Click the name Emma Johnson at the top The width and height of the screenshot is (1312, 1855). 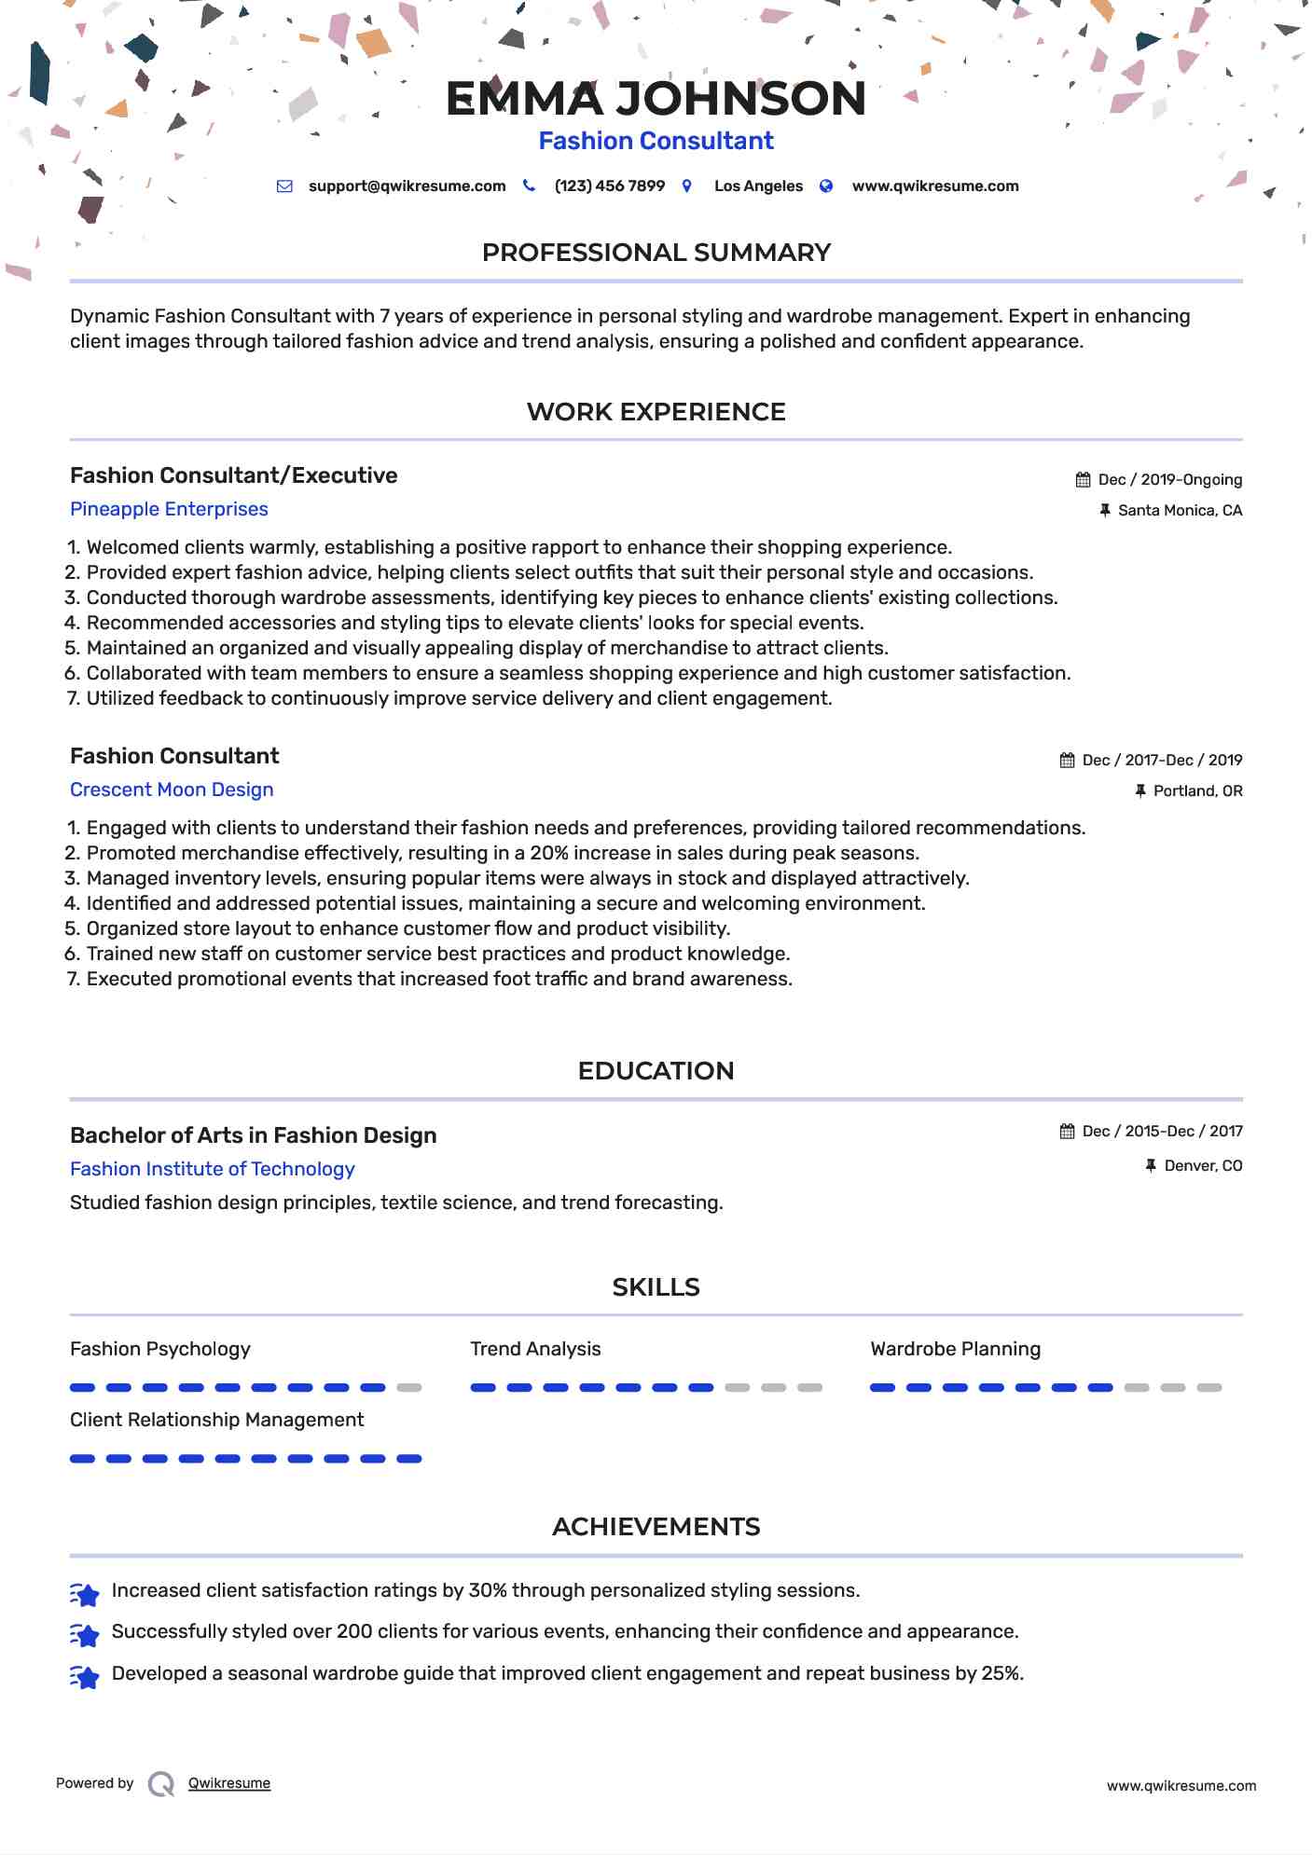[x=656, y=99]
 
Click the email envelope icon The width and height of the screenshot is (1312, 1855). [x=284, y=186]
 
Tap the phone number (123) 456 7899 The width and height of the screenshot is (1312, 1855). [x=609, y=186]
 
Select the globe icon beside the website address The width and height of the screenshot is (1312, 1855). [x=825, y=186]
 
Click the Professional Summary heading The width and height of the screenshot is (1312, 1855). [x=656, y=253]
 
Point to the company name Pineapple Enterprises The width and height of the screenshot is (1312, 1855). [x=169, y=509]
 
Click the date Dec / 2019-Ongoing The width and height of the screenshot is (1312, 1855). [x=1169, y=480]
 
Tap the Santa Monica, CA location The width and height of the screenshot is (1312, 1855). [x=1180, y=511]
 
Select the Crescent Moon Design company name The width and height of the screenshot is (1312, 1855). [x=172, y=790]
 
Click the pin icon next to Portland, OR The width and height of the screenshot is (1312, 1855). [x=1139, y=791]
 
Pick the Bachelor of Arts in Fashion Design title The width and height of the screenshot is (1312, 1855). [x=253, y=1135]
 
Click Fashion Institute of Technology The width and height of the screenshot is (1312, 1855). [x=212, y=1169]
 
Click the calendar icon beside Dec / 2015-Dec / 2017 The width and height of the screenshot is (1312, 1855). [x=1067, y=1132]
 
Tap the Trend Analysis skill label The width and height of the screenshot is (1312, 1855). [x=535, y=1349]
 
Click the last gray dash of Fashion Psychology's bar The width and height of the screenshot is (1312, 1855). [x=408, y=1388]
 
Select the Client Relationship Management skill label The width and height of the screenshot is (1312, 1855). [x=216, y=1420]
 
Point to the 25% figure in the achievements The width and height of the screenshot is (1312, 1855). [x=1001, y=1673]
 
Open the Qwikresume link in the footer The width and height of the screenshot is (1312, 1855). [x=229, y=1783]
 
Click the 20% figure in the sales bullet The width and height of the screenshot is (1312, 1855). [x=549, y=853]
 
